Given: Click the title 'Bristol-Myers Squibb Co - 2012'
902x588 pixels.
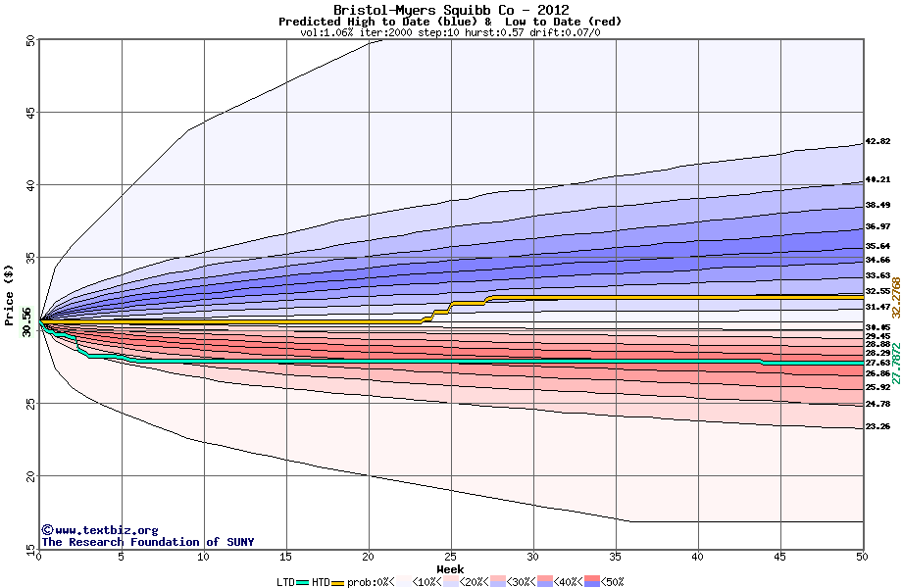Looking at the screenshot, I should click(451, 10).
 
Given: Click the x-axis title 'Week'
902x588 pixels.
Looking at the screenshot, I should click(450, 568).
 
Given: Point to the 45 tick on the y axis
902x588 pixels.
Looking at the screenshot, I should click(30, 113).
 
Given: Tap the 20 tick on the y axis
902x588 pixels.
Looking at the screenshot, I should click(30, 476).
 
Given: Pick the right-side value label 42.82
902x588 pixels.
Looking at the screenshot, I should click(877, 142).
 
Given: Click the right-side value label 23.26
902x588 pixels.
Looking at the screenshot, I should click(877, 427).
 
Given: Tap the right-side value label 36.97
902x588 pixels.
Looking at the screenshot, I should click(877, 227).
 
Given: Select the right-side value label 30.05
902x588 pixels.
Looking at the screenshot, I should click(877, 326).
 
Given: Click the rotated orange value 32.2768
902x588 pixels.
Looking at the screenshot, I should click(895, 291).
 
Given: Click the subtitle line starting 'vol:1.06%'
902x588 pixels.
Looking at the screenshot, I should click(450, 32).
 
